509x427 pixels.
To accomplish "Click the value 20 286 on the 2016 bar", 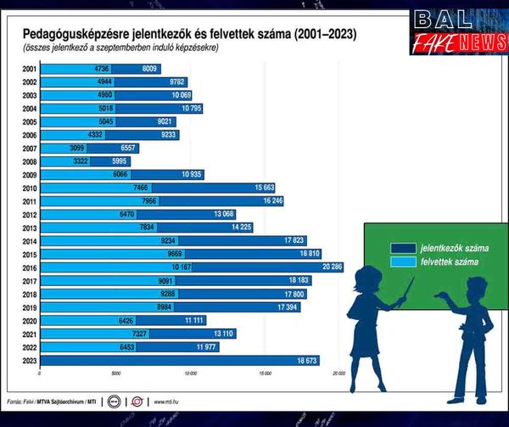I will coord(332,267).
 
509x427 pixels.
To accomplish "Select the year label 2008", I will coord(30,160).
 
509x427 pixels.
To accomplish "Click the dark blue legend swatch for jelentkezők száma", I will coord(401,248).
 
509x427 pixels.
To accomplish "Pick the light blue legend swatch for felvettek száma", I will coord(401,261).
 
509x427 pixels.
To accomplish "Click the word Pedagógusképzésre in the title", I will coord(70,35).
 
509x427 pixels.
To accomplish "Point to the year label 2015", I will coord(30,254).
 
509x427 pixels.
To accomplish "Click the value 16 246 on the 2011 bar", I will coord(271,200).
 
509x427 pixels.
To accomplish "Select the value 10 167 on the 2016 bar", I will coord(182,267).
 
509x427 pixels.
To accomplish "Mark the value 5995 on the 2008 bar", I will coord(120,160).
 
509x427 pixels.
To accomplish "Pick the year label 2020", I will coord(30,320).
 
